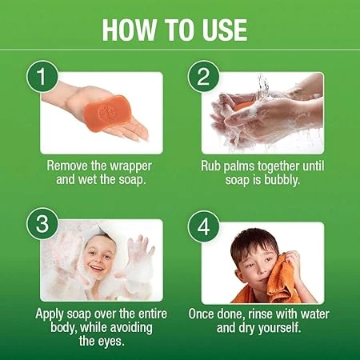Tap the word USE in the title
[x=225, y=30]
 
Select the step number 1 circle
[x=42, y=77]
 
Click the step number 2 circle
[x=204, y=77]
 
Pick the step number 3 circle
[x=42, y=224]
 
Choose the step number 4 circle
[x=204, y=227]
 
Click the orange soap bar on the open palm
[x=108, y=113]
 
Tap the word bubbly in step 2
[x=282, y=180]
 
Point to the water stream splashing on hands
[x=262, y=88]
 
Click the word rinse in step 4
[x=261, y=314]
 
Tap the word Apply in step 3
[x=50, y=314]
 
